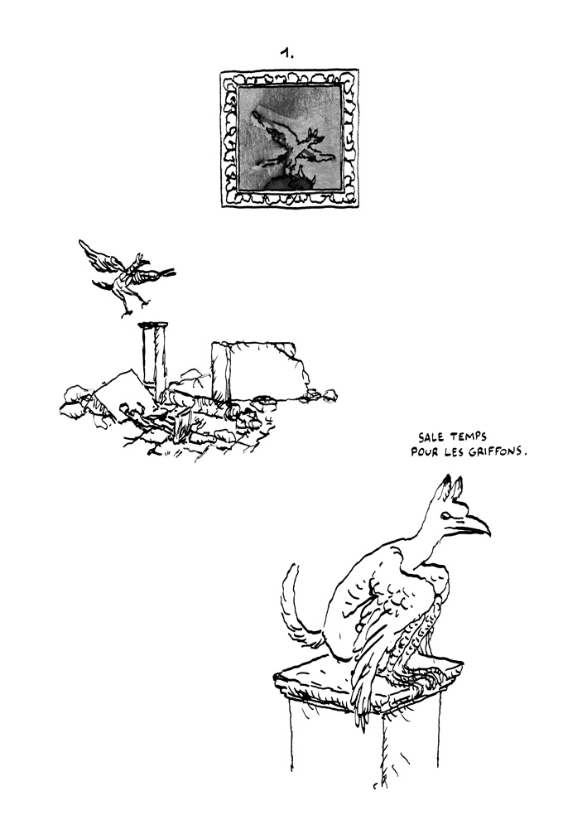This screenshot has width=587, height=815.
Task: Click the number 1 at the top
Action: [287, 53]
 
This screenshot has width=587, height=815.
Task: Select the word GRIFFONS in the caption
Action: [494, 453]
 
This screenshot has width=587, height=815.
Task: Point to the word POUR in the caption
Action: [423, 453]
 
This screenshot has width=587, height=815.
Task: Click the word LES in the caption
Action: [455, 453]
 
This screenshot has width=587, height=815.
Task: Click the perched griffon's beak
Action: [474, 523]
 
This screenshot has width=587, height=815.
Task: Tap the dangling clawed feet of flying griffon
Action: [126, 309]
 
